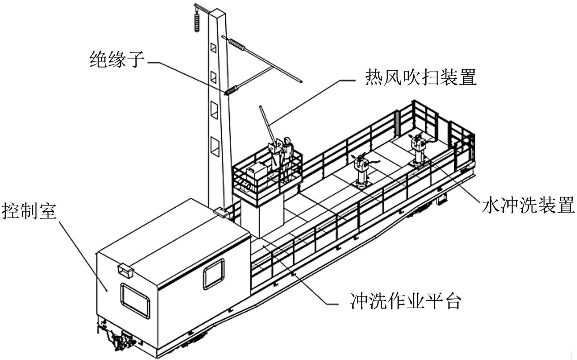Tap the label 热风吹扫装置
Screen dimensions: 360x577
(420, 77)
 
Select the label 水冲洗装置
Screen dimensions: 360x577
(528, 205)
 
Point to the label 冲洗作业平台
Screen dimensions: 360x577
(405, 301)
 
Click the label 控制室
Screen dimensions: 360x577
(29, 211)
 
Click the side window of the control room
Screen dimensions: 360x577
(214, 274)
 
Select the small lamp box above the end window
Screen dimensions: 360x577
(125, 270)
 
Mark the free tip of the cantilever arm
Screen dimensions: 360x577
(300, 81)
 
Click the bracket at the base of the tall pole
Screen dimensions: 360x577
(220, 212)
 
